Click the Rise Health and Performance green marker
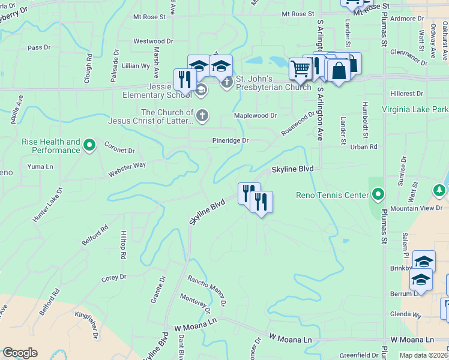coord(89,144)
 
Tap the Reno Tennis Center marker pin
coord(378,194)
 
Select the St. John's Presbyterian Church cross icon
coord(227,83)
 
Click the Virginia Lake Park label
coord(415,110)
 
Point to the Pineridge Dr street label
coord(231,140)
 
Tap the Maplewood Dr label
coord(255,115)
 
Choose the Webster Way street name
coord(127,169)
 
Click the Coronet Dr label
coord(119,147)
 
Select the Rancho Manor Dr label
coord(206,290)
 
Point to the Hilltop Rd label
coord(123,245)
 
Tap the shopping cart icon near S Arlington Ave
coord(300,68)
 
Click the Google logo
coord(20,353)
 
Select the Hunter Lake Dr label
coord(48,205)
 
